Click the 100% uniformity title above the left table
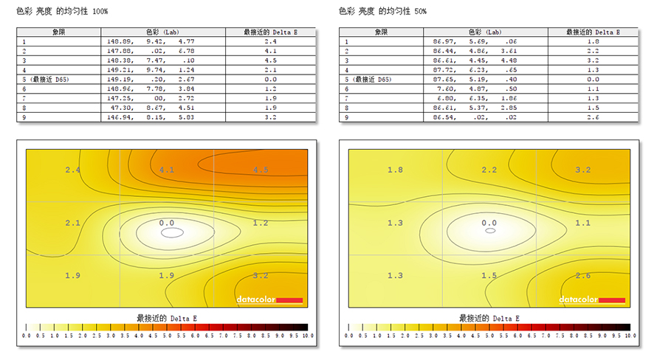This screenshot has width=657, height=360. tap(63, 12)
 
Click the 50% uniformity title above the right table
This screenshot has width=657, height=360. tap(382, 12)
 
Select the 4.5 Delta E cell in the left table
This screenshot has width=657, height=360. tap(270, 60)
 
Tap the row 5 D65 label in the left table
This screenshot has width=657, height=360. tap(47, 79)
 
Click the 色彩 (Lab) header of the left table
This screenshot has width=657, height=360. tap(158, 32)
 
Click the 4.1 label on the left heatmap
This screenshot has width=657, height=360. tap(167, 170)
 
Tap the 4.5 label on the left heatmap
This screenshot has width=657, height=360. tap(261, 170)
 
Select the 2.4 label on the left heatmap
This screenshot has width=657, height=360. tap(72, 170)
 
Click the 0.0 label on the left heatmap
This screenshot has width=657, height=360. tap(167, 222)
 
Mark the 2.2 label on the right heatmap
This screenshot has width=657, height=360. tap(489, 170)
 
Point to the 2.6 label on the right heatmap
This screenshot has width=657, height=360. tap(583, 275)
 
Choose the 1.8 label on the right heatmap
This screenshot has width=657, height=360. tap(395, 170)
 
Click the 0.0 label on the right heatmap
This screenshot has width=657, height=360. tap(489, 222)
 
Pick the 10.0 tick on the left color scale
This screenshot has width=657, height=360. tap(309, 335)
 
